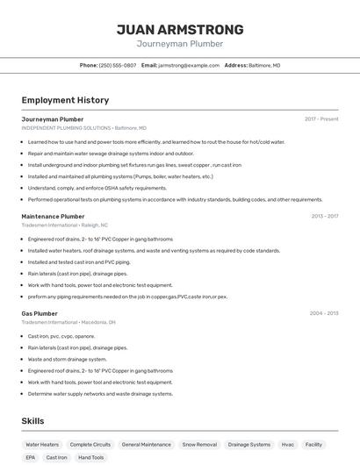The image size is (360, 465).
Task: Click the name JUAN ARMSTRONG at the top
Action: point(180,30)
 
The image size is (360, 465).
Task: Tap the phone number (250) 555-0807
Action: point(117,66)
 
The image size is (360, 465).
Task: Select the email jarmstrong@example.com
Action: point(189,66)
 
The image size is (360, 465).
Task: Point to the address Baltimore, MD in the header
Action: point(264,66)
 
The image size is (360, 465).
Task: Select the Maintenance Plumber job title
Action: point(53,216)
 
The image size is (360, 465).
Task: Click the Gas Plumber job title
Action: point(40,313)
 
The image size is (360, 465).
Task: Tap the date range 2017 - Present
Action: point(321,119)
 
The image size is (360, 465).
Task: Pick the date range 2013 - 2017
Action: point(324,216)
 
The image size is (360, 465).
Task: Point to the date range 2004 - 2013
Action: point(324,313)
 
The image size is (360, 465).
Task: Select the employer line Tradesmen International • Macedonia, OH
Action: point(68,322)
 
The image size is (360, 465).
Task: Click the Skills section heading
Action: point(33,421)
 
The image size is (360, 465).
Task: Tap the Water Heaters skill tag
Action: point(42,445)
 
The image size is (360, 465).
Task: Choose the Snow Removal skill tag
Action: point(199,445)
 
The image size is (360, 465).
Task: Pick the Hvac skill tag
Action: point(288,445)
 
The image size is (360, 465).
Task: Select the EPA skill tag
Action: point(30,457)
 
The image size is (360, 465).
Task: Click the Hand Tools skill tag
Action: point(90,457)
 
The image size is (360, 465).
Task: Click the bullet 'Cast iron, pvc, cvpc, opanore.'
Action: point(61,336)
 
